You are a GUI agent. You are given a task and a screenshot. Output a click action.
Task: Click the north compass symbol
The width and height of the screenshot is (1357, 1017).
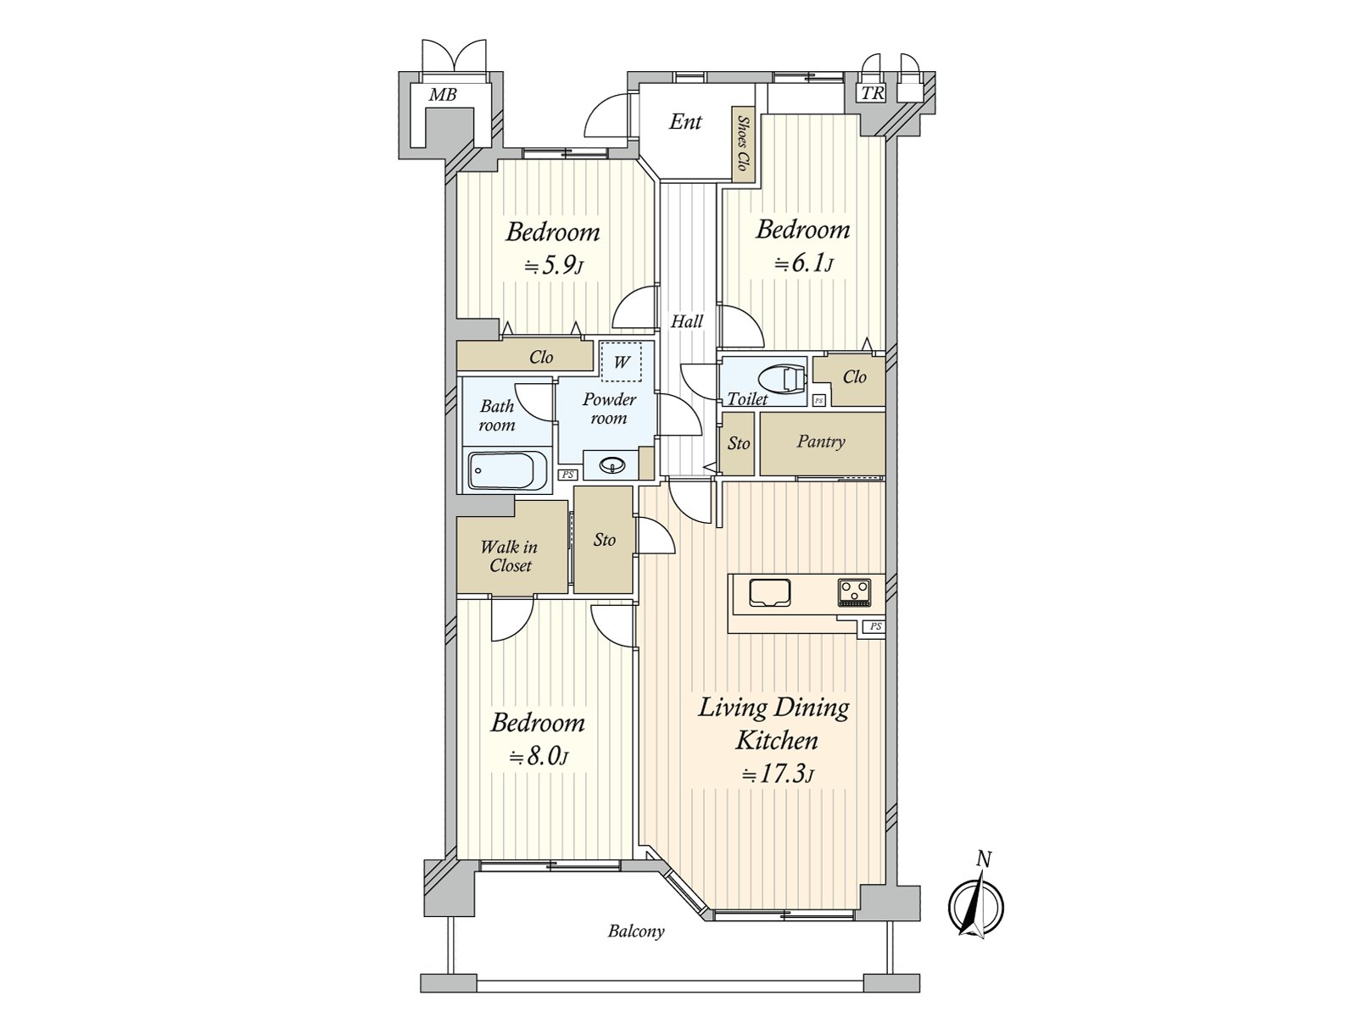click(x=975, y=906)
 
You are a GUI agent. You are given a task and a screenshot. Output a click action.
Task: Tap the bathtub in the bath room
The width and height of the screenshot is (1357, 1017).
click(x=507, y=470)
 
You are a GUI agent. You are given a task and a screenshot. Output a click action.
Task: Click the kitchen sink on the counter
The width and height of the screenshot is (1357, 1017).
click(x=770, y=592)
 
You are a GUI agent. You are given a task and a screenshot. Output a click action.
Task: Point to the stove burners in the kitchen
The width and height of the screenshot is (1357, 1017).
click(x=854, y=592)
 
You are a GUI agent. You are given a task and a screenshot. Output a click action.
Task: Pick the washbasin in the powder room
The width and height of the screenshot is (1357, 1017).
click(x=612, y=465)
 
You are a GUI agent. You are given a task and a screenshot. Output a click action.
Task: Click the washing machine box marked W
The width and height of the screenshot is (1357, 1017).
click(x=622, y=362)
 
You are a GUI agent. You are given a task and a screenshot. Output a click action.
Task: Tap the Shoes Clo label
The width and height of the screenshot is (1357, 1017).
click(x=743, y=144)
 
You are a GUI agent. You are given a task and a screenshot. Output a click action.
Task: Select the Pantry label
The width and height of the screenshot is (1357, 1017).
click(x=820, y=442)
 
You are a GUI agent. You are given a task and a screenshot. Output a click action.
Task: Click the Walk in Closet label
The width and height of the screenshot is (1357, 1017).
click(x=510, y=556)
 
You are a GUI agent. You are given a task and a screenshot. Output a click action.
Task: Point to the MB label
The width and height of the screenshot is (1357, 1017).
click(x=443, y=94)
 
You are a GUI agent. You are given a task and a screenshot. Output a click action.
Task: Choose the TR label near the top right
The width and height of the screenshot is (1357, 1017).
click(x=873, y=94)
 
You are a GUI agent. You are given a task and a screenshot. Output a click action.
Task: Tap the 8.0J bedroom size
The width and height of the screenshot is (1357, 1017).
click(x=538, y=756)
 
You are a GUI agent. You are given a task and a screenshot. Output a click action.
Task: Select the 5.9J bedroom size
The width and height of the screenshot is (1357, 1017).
click(x=554, y=266)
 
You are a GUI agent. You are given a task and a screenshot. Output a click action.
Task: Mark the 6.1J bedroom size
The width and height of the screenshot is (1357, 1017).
click(x=803, y=264)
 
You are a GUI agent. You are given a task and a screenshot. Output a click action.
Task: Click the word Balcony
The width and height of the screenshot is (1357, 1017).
click(x=635, y=931)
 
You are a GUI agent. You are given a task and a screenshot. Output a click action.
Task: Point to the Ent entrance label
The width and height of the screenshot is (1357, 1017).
click(x=685, y=122)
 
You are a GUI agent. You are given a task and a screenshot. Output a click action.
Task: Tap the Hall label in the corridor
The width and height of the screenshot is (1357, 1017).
click(x=687, y=321)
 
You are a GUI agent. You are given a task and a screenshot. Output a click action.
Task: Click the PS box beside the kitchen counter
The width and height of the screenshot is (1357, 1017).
click(x=874, y=627)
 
